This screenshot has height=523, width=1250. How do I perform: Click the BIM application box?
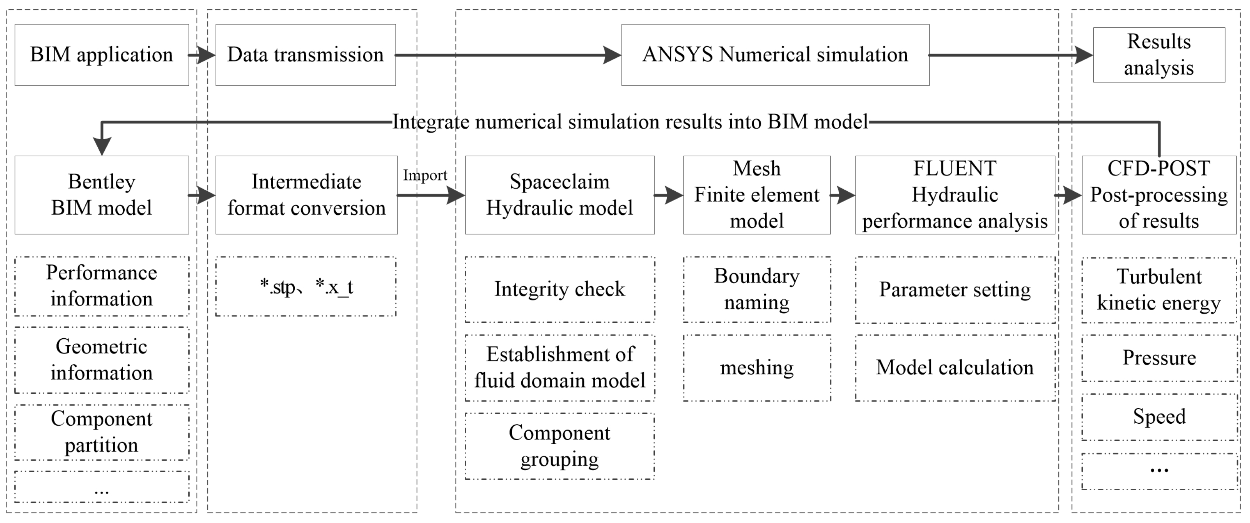102,55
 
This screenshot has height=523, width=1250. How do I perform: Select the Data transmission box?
305,55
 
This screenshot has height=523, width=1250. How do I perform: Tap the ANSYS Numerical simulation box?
775,55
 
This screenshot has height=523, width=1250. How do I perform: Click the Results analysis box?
1158,55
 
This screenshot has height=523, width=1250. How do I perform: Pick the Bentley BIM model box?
102,195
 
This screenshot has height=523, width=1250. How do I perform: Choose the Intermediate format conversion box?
306,195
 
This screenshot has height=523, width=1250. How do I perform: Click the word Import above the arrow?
425,175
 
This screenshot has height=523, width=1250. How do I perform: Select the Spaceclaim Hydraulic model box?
559,195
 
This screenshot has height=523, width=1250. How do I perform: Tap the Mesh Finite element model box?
756,195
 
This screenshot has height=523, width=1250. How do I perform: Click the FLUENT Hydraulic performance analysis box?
955,195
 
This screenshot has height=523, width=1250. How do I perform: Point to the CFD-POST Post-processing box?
1158,195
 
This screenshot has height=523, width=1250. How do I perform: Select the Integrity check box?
559,289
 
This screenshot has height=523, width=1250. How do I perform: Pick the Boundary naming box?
756,289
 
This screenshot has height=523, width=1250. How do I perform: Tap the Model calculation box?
955,368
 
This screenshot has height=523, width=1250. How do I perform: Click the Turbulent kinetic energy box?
1158,290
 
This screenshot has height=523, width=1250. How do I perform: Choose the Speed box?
1158,417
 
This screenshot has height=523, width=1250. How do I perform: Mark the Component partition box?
102,432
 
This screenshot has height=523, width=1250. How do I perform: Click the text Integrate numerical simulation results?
629,122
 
